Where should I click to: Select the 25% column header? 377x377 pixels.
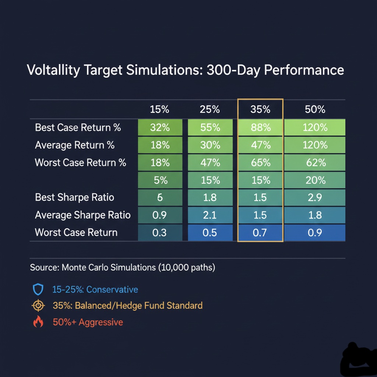(x=210, y=109)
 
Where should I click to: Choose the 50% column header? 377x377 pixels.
(x=315, y=109)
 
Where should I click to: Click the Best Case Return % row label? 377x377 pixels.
(x=78, y=128)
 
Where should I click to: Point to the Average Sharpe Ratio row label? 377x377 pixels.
(x=82, y=215)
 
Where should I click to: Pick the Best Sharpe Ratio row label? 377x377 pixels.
(x=74, y=197)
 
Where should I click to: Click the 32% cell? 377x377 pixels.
(x=160, y=128)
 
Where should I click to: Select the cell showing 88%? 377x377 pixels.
(x=260, y=128)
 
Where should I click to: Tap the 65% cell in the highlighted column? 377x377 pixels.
(x=260, y=163)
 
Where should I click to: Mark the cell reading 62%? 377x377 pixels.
(x=315, y=163)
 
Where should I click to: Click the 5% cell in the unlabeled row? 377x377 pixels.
(x=160, y=180)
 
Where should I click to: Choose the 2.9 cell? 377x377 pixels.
(x=315, y=197)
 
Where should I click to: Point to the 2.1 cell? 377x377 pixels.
(x=210, y=215)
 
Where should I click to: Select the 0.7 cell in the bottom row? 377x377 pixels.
(x=260, y=233)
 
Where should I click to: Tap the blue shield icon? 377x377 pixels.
(x=38, y=290)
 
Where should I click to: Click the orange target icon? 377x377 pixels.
(x=38, y=306)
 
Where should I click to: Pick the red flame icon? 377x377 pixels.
(x=38, y=322)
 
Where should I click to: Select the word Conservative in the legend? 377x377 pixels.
(x=112, y=289)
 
